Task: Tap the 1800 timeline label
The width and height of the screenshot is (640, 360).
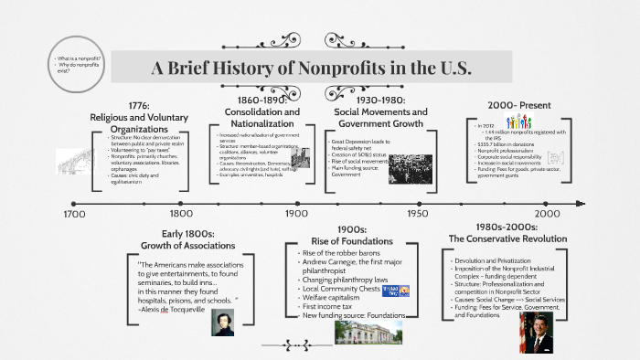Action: [181, 215]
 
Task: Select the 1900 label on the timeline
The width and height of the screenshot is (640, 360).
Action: [295, 215]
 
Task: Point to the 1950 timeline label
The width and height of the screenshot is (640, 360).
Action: [416, 215]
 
